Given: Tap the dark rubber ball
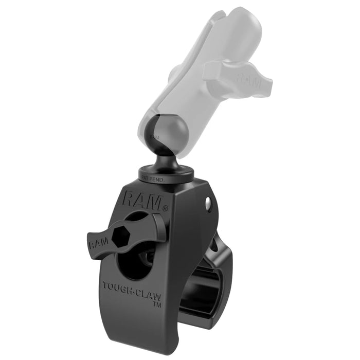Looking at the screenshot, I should pyautogui.click(x=159, y=135).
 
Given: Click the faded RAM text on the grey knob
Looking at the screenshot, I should pyautogui.click(x=247, y=79).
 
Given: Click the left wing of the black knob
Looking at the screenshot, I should pyautogui.click(x=100, y=241).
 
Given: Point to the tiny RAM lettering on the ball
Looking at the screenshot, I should pyautogui.click(x=154, y=137).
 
